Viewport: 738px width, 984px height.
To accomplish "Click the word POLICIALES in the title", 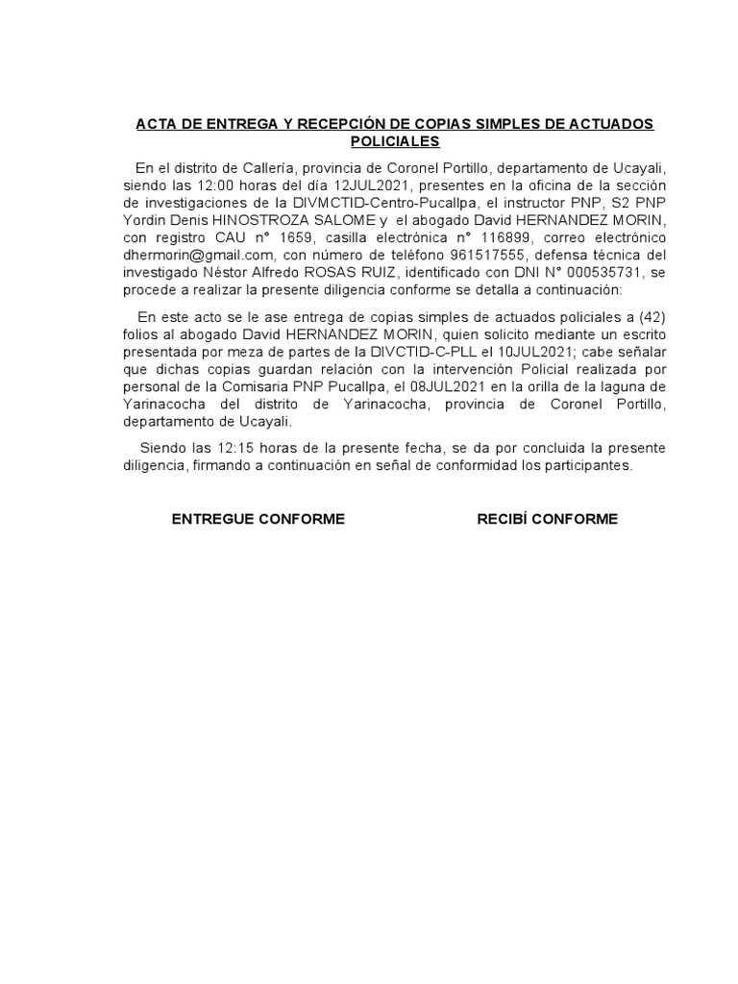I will click(x=394, y=141).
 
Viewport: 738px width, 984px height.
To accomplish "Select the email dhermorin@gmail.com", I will click(x=196, y=257).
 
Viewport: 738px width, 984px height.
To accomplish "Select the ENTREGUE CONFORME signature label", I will click(x=258, y=519).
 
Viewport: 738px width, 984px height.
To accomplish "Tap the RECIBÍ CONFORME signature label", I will click(x=548, y=519).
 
